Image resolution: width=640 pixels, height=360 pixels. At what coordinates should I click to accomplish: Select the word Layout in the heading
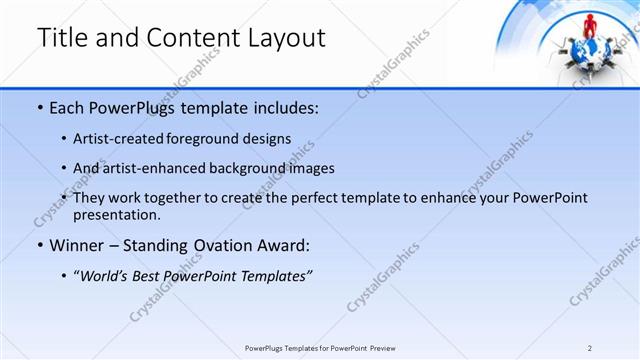coord(283,38)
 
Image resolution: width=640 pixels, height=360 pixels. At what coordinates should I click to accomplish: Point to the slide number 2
coord(590,348)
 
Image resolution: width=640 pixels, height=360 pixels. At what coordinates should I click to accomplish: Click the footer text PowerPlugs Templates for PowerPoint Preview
coord(320,348)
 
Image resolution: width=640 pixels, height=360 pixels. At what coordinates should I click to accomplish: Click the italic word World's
coord(106,275)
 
